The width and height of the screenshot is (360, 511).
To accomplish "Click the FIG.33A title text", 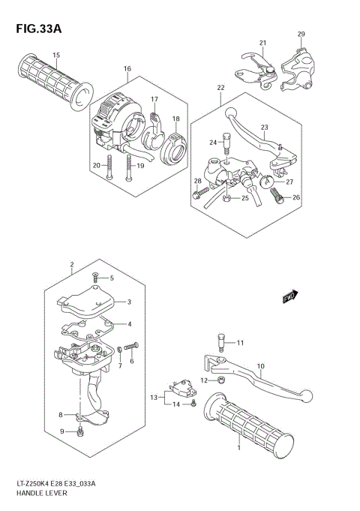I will click(x=35, y=29).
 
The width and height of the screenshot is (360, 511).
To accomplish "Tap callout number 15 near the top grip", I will click(x=56, y=56).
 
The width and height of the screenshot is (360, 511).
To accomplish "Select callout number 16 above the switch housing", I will click(x=127, y=70).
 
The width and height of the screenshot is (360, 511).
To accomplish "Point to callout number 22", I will click(x=220, y=89).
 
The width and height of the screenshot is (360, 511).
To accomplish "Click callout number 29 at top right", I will click(x=301, y=35).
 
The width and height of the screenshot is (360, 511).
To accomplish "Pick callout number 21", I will click(x=263, y=43).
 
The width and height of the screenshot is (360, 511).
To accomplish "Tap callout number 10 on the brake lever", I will click(x=261, y=367).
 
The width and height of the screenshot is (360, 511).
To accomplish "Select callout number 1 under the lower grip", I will click(x=238, y=449).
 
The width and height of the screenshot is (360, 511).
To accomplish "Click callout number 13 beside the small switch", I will click(x=153, y=396).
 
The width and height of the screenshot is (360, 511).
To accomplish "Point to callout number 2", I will click(x=71, y=265).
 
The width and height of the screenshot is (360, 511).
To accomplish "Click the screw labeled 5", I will click(x=94, y=277).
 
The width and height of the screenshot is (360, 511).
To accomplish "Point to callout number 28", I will click(x=198, y=182).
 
